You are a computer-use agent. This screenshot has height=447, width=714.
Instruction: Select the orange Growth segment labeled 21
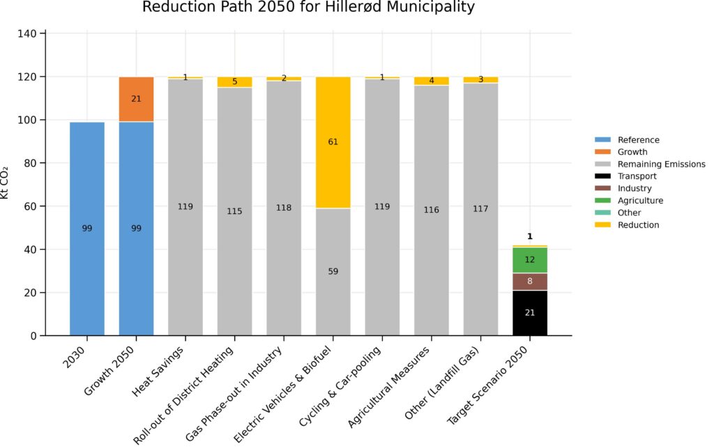[x=136, y=99]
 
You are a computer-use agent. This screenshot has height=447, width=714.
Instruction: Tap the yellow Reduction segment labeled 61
[x=333, y=142]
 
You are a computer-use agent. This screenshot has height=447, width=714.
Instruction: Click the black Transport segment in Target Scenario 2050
[x=530, y=313]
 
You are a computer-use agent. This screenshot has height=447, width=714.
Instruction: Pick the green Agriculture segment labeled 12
[x=530, y=259]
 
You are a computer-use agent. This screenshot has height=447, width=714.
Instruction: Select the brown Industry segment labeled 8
[x=530, y=282]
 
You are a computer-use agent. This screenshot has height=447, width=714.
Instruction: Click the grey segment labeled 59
[x=333, y=272]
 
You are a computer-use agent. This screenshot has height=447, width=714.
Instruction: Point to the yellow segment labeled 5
[x=234, y=82]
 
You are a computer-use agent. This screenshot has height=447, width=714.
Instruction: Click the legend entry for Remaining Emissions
[x=661, y=165]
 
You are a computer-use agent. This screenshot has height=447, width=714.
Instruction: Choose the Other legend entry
[x=630, y=213]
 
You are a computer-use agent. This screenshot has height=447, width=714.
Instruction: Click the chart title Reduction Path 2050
[x=308, y=8]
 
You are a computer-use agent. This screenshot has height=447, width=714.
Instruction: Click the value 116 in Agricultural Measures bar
[x=432, y=210]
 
